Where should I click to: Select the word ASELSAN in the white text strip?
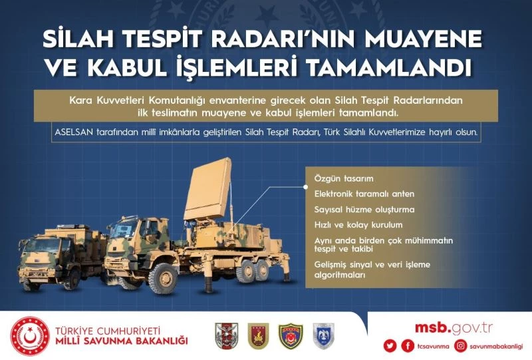tap(76, 132)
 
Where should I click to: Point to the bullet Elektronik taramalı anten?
tap(364, 194)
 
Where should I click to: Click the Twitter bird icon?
tap(391, 346)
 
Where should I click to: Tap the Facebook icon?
tap(408, 346)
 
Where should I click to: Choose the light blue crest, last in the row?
tap(323, 335)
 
